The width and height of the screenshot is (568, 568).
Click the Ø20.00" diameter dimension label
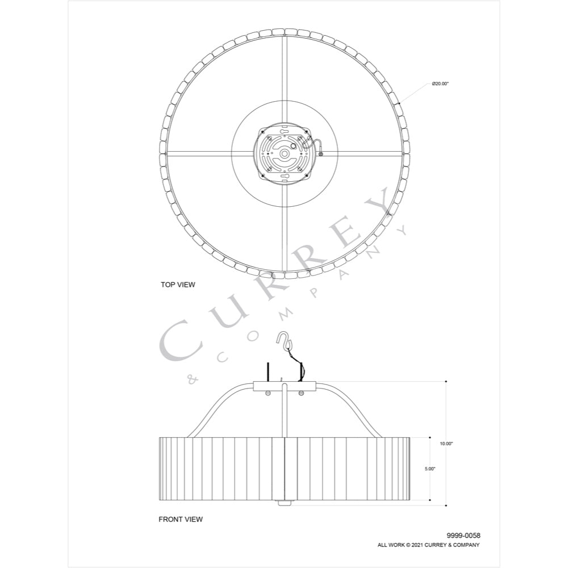[x=441, y=83]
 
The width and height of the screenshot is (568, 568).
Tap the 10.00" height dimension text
[x=446, y=444]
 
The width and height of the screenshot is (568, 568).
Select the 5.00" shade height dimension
[x=430, y=469]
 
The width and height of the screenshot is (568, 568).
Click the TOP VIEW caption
[x=178, y=285]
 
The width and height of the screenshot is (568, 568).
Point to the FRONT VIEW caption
[x=181, y=520]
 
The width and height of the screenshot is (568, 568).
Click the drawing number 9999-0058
[x=463, y=536]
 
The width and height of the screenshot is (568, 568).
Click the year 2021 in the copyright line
[x=416, y=545]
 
